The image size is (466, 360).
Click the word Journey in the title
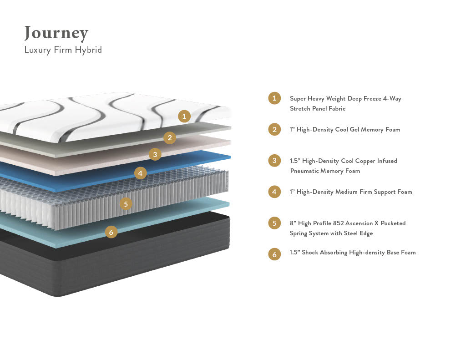[x=56, y=33]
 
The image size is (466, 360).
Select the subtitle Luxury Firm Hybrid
[x=63, y=50]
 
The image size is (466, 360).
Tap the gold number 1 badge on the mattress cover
[x=184, y=116]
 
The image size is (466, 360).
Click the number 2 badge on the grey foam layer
[x=170, y=137]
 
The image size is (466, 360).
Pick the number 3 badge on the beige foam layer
[x=155, y=154]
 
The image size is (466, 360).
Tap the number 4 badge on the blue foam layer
[x=141, y=172]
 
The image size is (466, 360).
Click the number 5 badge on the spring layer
[x=126, y=203]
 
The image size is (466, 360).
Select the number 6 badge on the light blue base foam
[x=111, y=232]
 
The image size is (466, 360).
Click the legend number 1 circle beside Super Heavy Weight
[x=274, y=98]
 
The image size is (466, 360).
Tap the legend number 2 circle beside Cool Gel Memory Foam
[x=274, y=129]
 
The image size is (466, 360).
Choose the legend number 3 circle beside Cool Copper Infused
[x=274, y=161]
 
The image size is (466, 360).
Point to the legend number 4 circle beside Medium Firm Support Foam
[x=274, y=192]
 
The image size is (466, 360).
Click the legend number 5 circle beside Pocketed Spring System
[x=274, y=223]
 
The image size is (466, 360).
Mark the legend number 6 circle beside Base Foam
[x=274, y=254]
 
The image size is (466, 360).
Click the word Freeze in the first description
[x=374, y=98]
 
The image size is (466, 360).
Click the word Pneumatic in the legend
[x=305, y=171]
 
